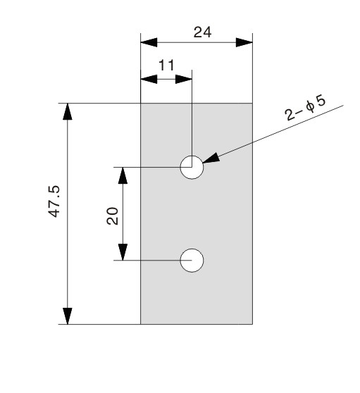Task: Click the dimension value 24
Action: [202, 32]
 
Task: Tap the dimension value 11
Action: [166, 65]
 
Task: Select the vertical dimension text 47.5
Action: [54, 201]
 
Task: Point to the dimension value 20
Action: [112, 216]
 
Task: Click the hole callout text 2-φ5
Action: [305, 108]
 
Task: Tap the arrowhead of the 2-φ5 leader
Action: [211, 158]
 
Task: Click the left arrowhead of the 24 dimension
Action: [149, 42]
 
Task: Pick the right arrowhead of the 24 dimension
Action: [244, 42]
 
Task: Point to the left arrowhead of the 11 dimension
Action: [149, 79]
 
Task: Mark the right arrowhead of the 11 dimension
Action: [183, 79]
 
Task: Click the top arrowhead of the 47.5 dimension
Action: [68, 111]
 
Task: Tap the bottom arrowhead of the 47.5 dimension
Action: [68, 316]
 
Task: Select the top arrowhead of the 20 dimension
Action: [123, 175]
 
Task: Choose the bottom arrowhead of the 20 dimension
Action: [123, 252]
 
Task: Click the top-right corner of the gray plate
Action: [252, 104]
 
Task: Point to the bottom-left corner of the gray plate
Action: [141, 324]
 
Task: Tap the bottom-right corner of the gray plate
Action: [252, 324]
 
